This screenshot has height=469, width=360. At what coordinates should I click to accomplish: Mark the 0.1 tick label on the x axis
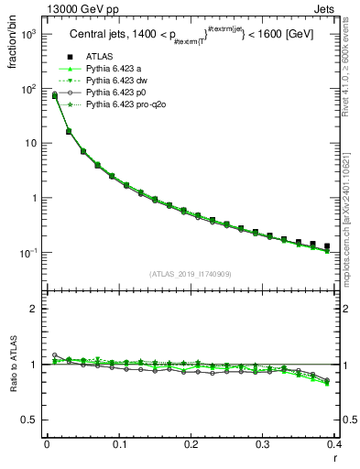click(118, 446)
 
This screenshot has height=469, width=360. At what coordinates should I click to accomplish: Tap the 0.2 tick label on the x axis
click(191, 446)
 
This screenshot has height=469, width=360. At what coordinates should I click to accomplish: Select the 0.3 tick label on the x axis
click(263, 446)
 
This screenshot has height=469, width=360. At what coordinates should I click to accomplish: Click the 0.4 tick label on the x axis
click(334, 446)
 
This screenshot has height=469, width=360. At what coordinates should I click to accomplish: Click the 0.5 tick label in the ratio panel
click(29, 420)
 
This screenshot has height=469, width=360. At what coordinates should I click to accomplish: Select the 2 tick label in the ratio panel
click(34, 309)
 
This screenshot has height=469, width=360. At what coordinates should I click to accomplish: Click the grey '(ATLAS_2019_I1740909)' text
click(190, 274)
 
